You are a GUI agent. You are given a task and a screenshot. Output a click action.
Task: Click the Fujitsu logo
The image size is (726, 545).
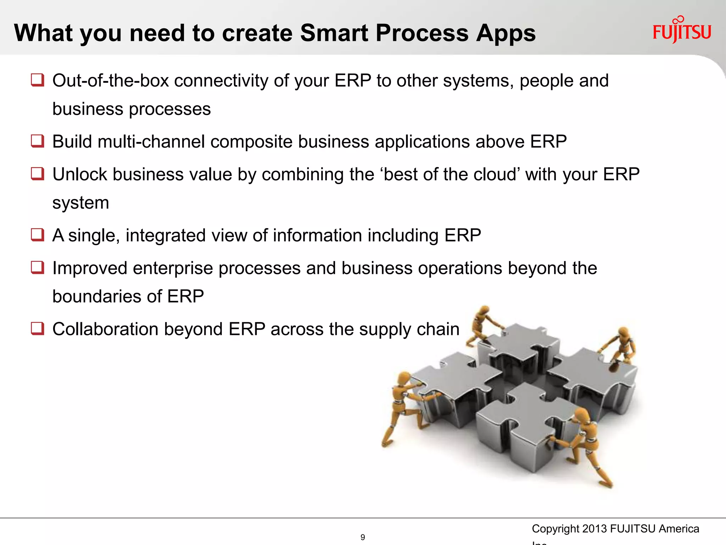[x=681, y=31]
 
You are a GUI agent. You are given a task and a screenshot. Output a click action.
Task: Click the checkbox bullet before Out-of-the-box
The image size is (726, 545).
[x=37, y=80]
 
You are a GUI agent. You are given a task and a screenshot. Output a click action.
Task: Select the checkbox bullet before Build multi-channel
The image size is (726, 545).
[x=37, y=141]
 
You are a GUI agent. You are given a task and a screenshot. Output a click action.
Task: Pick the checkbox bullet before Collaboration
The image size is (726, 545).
[x=37, y=328]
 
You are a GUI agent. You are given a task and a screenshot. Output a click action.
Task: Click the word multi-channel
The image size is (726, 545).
[x=151, y=142]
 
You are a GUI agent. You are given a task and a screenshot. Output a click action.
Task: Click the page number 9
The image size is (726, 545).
[x=362, y=537]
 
